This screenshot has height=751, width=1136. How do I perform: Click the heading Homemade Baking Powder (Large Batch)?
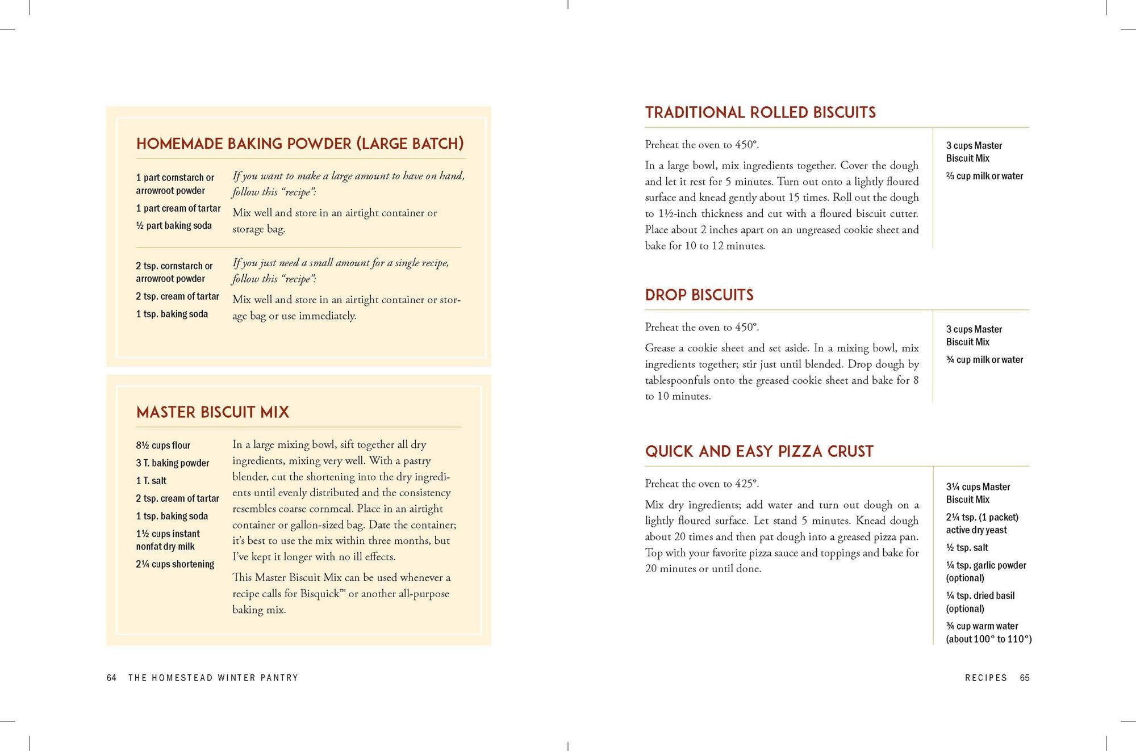tap(300, 144)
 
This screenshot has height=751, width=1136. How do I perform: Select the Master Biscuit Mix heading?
tap(212, 412)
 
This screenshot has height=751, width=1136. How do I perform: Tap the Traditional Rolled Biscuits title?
tap(760, 112)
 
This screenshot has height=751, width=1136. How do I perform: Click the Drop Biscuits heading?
tap(699, 295)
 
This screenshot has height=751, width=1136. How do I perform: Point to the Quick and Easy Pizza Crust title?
tap(759, 451)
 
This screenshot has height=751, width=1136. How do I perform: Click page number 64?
tap(111, 678)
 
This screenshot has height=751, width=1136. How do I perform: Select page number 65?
tap(1024, 678)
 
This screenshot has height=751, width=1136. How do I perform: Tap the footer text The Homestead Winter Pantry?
tap(213, 678)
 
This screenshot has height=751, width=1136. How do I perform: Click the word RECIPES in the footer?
tap(985, 678)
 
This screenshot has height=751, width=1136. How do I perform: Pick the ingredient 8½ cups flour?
tap(163, 446)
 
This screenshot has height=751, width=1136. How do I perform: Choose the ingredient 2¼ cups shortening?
tap(175, 564)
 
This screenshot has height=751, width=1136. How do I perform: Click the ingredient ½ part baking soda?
tap(174, 226)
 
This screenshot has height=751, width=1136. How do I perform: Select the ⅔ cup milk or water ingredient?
tap(984, 176)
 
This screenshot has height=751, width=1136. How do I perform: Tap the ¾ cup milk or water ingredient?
tap(984, 360)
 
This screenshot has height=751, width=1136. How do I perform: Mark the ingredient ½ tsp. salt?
tap(967, 548)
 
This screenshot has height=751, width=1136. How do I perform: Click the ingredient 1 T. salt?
tap(151, 481)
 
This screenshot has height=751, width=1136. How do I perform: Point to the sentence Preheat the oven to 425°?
tap(701, 484)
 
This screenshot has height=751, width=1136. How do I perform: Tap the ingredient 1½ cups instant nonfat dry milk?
tap(168, 540)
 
